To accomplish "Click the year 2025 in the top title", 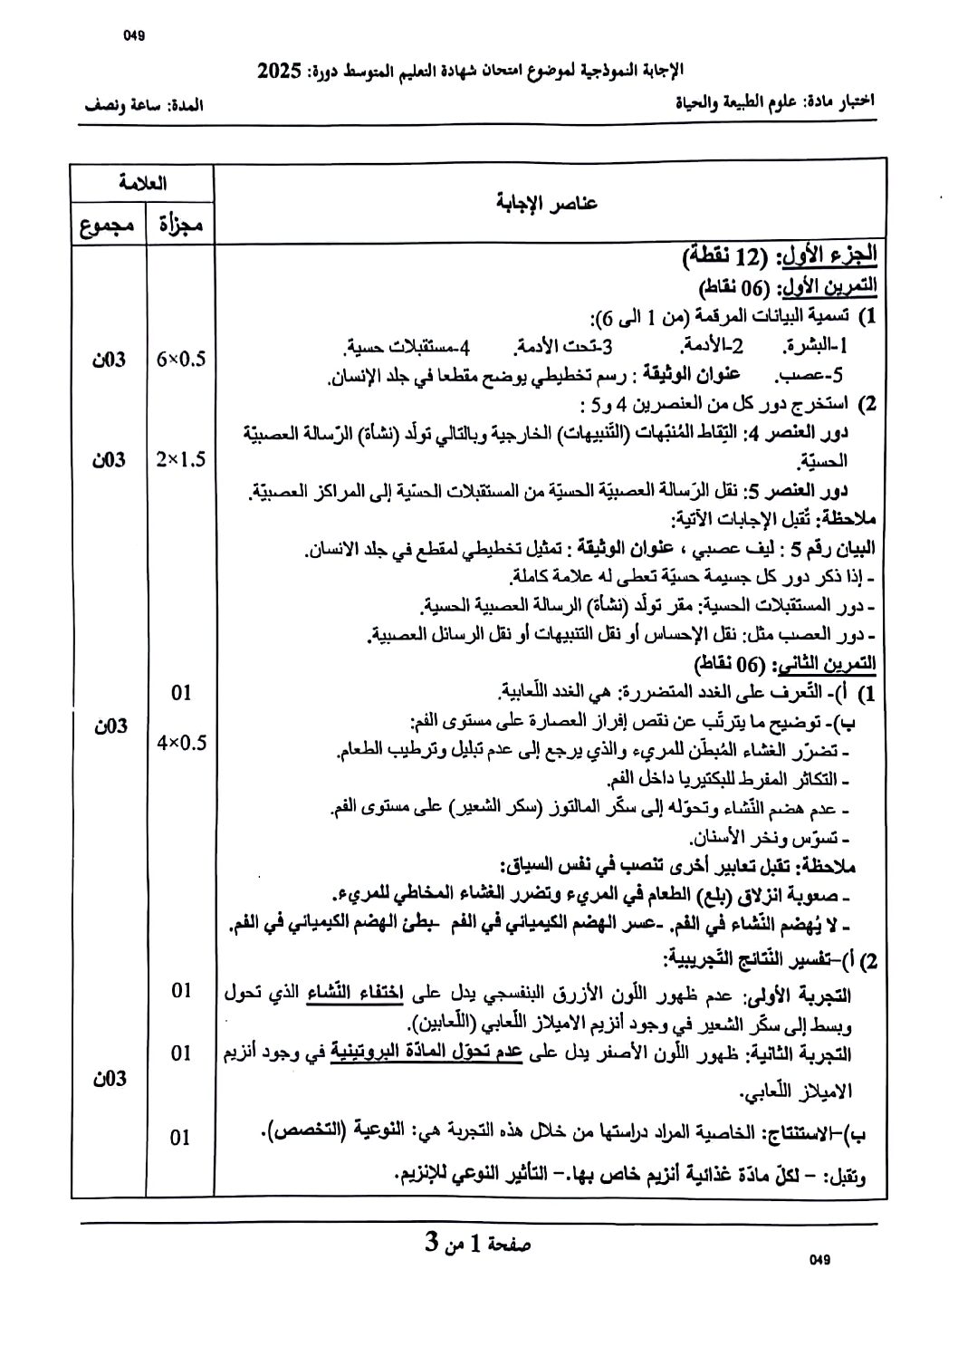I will pyautogui.click(x=278, y=72).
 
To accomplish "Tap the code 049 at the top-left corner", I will pyautogui.click(x=133, y=36).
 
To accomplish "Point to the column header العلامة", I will pyautogui.click(x=143, y=182).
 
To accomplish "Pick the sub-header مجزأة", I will pyautogui.click(x=181, y=225).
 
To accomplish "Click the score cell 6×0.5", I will pyautogui.click(x=181, y=359).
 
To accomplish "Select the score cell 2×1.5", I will pyautogui.click(x=181, y=459).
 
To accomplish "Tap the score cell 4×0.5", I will pyautogui.click(x=181, y=743).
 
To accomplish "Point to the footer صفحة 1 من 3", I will pyautogui.click(x=478, y=1244).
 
